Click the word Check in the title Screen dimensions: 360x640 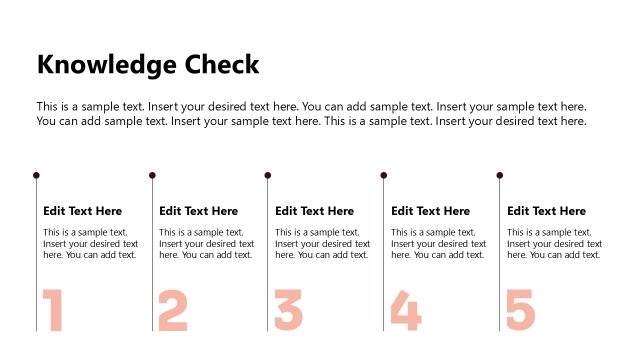223,65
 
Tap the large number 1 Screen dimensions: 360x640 54,310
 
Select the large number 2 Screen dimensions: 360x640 173,310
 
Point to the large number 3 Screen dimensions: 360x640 289,310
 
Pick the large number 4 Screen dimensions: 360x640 405,310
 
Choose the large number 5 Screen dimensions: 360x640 521,310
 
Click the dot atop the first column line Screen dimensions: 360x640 36,175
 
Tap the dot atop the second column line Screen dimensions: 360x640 152,175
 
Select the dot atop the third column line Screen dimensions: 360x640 268,175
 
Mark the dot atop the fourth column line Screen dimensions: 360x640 384,175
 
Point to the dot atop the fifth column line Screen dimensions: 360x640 500,175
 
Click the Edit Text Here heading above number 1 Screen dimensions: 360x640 83,211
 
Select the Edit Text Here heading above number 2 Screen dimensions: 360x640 199,211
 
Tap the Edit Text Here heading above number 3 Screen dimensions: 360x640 315,211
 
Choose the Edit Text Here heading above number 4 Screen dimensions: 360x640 431,211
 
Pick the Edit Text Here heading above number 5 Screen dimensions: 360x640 547,211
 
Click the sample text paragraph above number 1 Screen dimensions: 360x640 90,243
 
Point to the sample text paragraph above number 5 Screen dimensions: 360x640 554,243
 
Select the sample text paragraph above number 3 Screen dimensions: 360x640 322,243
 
